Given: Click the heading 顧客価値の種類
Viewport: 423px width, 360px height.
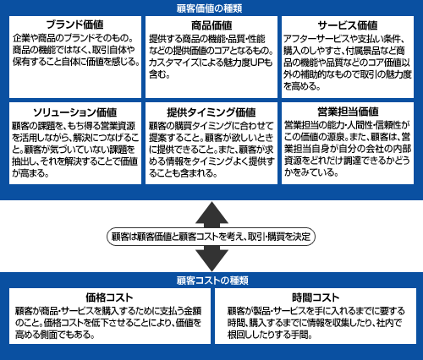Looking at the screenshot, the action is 209,8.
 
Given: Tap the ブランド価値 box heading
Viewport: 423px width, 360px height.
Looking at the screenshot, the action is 75,25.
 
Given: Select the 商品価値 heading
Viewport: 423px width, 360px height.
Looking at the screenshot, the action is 211,25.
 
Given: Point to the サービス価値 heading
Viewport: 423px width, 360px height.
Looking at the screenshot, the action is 348,25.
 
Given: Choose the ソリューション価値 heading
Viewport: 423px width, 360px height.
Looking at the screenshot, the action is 75,112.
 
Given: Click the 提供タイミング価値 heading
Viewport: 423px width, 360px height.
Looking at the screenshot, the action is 211,112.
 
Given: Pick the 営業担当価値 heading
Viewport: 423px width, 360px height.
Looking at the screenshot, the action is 348,112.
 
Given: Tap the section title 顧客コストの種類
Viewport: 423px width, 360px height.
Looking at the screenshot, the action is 212,281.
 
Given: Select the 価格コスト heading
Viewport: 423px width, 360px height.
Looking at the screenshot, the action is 109,297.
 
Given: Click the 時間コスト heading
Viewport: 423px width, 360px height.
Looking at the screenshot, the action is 316,297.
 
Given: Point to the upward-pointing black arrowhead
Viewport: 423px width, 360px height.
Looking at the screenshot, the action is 211,214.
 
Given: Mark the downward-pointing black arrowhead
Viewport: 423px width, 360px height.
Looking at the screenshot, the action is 211,259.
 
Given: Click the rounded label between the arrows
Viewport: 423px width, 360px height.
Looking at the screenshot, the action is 211,237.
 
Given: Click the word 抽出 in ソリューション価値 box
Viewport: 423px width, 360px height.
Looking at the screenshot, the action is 24,161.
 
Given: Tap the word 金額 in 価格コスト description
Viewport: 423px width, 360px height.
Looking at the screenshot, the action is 193,311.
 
